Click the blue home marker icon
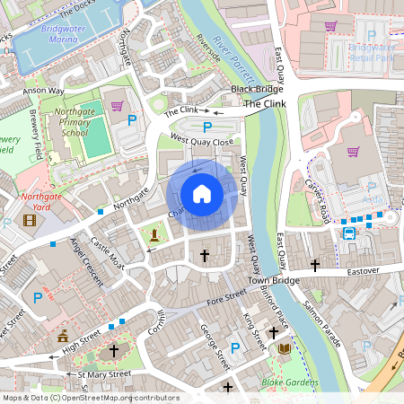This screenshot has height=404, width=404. click(x=202, y=193)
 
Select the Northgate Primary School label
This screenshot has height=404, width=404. click(x=74, y=122)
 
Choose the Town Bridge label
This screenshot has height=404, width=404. click(x=274, y=281)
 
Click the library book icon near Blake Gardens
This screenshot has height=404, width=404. click(x=285, y=348)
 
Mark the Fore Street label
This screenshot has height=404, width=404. click(x=225, y=296)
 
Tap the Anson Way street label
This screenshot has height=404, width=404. click(x=44, y=91)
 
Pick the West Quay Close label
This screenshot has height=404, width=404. click(x=202, y=141)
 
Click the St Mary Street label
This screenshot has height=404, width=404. click(x=104, y=373)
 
